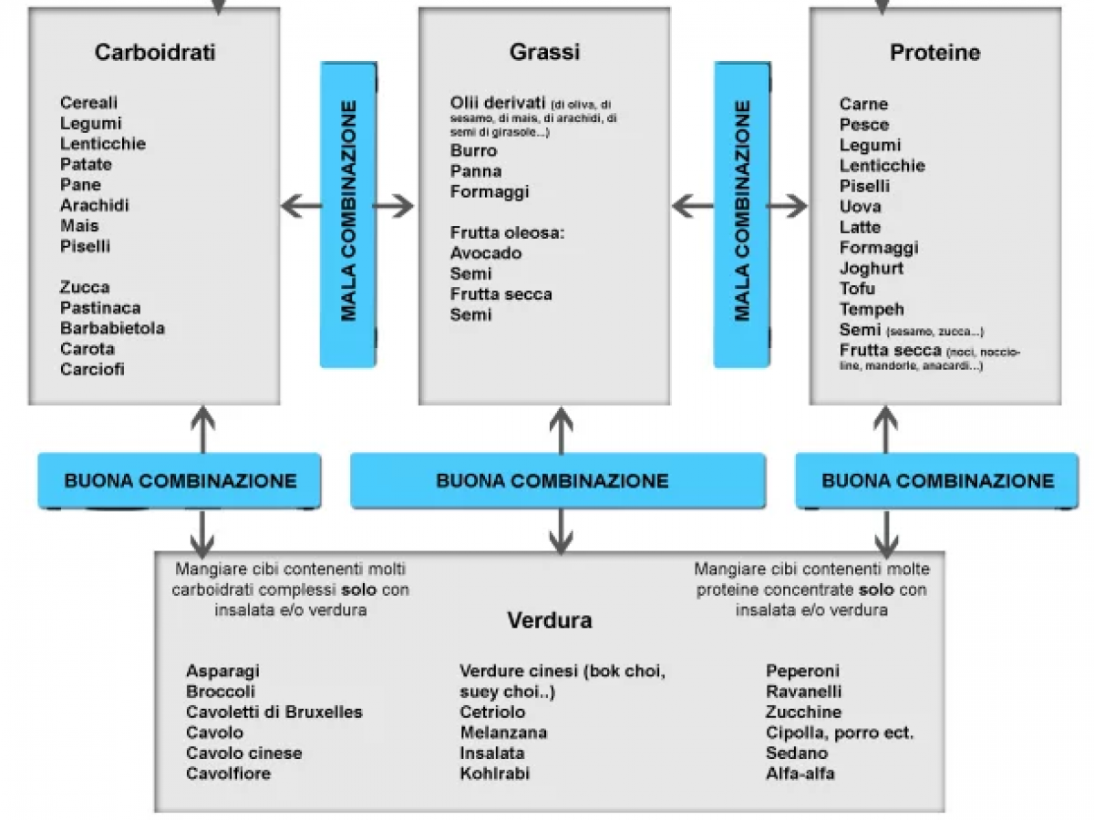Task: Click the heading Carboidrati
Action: click(155, 52)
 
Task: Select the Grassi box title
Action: click(544, 52)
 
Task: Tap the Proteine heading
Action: click(934, 52)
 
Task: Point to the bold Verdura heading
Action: click(549, 620)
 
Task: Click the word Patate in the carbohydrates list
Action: click(87, 164)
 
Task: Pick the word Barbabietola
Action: click(113, 328)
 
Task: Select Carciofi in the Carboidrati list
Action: click(93, 369)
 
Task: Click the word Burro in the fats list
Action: click(474, 150)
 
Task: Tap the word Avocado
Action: click(486, 252)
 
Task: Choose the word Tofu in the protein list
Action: click(857, 289)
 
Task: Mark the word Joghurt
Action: click(872, 268)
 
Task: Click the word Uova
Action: click(860, 206)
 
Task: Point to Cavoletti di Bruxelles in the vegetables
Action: click(274, 712)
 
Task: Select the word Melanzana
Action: click(503, 733)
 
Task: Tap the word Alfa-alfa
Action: click(800, 774)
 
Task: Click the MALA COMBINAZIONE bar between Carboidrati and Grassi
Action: click(348, 215)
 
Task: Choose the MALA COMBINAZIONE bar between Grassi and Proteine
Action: click(742, 215)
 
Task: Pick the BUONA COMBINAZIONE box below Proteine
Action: click(937, 480)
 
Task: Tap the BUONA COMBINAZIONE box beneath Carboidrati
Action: click(180, 480)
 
